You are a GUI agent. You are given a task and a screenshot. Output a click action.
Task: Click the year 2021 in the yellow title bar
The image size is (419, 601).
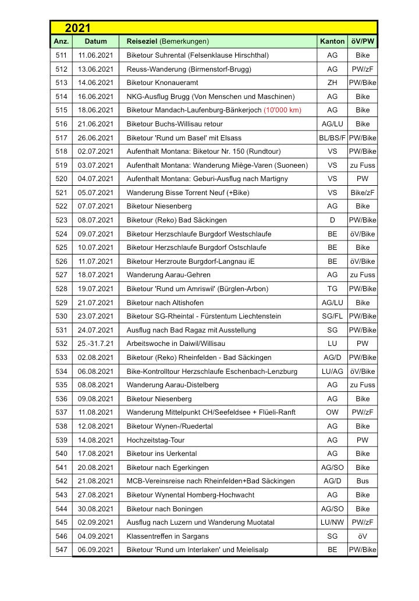77,28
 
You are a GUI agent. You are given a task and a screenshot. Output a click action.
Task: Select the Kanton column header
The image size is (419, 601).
332,41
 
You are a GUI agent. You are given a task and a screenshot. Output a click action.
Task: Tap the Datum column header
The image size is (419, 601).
95,41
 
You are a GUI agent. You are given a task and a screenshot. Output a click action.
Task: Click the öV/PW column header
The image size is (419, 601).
363,41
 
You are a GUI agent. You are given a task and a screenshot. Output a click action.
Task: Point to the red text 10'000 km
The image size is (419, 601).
282,110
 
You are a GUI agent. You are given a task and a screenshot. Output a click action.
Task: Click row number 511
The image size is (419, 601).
61,55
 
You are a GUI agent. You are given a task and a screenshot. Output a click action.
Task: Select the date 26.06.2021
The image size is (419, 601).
95,138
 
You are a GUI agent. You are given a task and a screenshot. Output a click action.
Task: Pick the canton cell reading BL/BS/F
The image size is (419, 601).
332,138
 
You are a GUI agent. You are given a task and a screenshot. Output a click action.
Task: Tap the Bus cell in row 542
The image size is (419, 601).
363,481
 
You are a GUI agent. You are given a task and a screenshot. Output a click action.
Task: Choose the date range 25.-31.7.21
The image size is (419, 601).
95,344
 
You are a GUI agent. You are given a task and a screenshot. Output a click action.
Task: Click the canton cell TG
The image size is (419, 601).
332,289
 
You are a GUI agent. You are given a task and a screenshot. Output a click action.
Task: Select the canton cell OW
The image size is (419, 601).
332,412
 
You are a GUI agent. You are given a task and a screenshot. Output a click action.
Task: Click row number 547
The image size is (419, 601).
61,550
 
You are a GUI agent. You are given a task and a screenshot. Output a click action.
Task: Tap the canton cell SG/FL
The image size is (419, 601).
332,316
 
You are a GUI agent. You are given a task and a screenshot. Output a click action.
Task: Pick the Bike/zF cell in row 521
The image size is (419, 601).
363,192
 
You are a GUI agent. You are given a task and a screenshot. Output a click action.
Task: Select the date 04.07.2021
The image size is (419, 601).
95,179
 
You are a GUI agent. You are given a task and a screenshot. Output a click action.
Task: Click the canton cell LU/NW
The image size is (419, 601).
332,522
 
